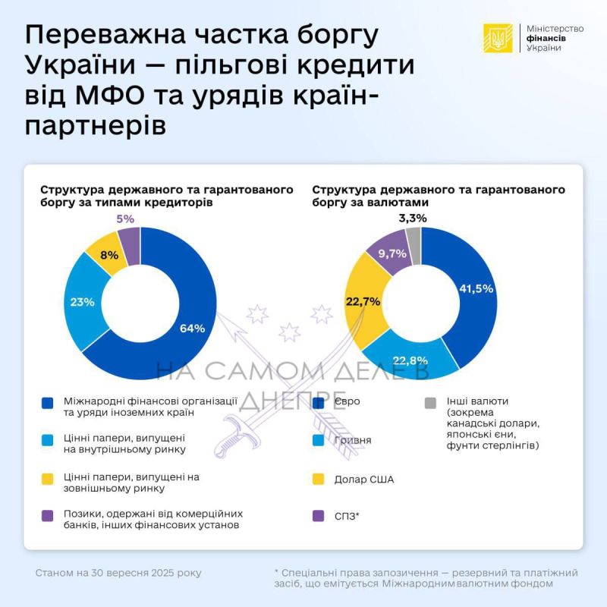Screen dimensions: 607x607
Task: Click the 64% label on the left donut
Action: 192,329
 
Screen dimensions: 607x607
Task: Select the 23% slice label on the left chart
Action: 83,301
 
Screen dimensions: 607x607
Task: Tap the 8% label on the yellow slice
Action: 109,256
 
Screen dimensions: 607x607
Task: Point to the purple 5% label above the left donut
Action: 125,219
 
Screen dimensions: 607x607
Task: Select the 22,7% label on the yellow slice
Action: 363,301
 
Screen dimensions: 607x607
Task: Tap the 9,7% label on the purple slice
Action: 392,253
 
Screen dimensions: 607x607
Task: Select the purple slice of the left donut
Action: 130,245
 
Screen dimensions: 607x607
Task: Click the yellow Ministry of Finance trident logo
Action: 498,38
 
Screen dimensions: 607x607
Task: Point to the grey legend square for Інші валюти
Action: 430,401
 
